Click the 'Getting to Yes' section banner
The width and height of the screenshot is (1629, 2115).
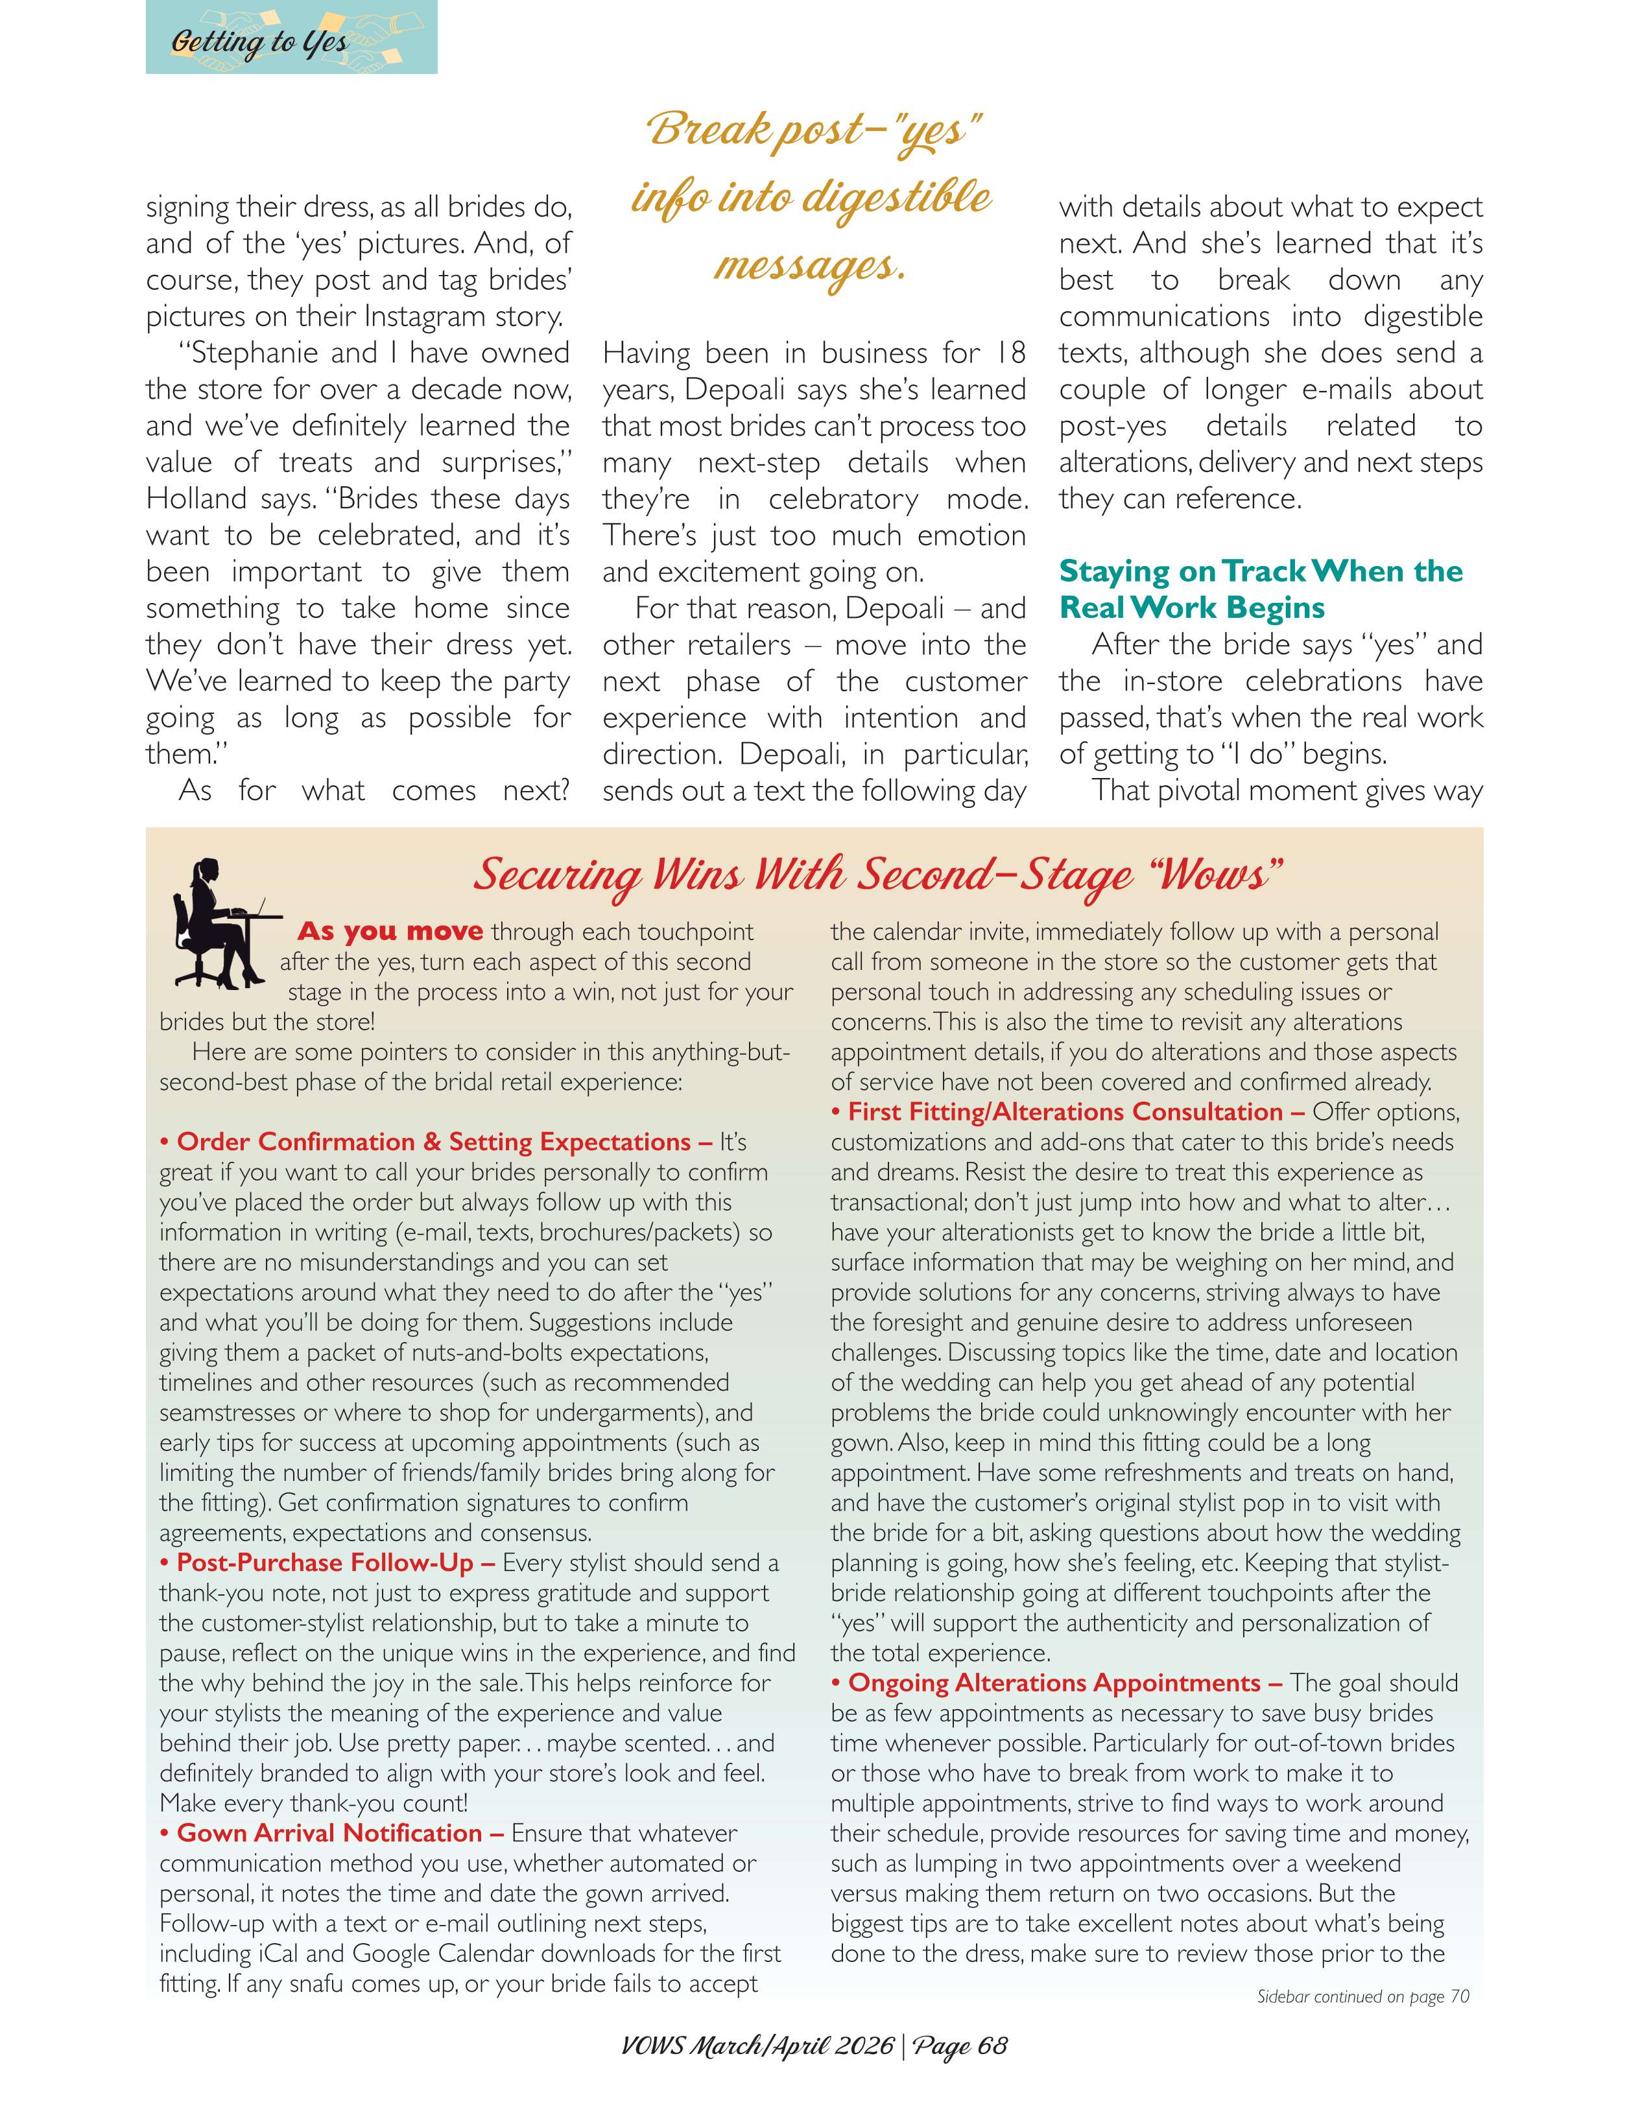(291, 39)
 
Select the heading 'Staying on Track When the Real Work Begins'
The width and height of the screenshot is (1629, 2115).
(1260, 589)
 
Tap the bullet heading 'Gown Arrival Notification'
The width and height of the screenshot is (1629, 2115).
(329, 1832)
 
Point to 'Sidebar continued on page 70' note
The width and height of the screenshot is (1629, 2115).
(1362, 1996)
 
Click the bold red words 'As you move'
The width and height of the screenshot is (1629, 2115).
(389, 932)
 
